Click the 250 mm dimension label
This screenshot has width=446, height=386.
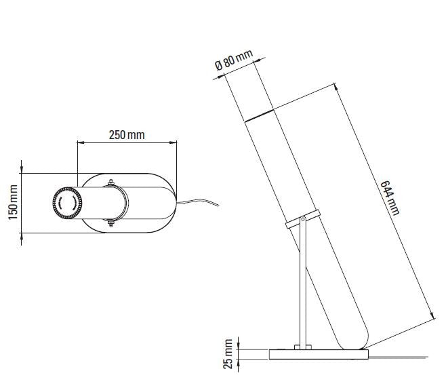click(127, 134)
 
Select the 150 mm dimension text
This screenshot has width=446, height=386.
click(12, 201)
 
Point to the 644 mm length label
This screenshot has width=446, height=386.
click(389, 197)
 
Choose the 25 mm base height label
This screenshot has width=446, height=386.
click(228, 355)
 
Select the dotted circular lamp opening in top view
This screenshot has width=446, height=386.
click(67, 201)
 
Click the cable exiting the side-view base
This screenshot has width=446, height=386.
click(400, 354)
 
